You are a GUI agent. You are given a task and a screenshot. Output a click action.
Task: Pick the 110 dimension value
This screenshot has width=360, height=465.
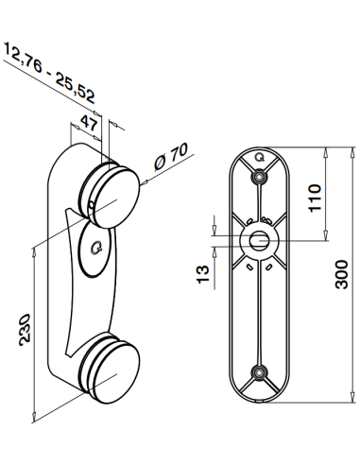click(x=315, y=197)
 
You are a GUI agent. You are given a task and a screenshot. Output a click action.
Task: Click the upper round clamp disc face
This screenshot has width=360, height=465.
click(x=118, y=194)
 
